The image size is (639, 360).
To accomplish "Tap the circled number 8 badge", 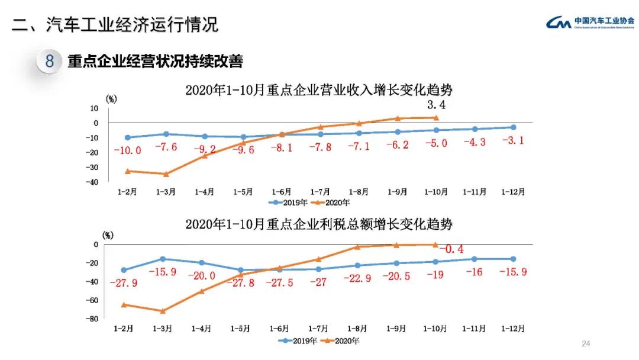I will click(x=50, y=61).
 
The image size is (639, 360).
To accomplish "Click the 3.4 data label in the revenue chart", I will click(x=435, y=105).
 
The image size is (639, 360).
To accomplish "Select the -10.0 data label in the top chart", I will click(x=127, y=150).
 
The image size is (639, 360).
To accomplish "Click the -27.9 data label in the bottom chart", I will click(x=124, y=283).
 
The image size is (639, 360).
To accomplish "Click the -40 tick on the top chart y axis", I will click(x=93, y=182).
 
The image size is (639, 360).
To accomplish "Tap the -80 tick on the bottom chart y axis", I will click(x=93, y=319).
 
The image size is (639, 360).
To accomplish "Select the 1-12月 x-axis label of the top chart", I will click(x=513, y=191).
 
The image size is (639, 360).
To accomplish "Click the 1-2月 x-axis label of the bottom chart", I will click(x=124, y=327).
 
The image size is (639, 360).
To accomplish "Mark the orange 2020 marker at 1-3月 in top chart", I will click(x=166, y=174).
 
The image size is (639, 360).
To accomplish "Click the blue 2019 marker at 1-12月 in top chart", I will click(x=513, y=127).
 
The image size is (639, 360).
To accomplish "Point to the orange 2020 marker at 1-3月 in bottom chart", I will click(x=163, y=311).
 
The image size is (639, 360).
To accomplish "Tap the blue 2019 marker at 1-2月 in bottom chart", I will click(x=124, y=270).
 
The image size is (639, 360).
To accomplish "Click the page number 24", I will click(x=586, y=344).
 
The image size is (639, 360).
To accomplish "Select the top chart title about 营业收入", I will click(x=319, y=90).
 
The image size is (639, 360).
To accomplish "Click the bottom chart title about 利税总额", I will click(x=319, y=224).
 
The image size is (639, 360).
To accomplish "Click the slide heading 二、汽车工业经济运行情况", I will click(x=115, y=24).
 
